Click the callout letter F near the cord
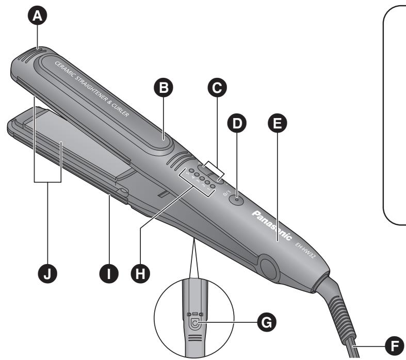(396, 342)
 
